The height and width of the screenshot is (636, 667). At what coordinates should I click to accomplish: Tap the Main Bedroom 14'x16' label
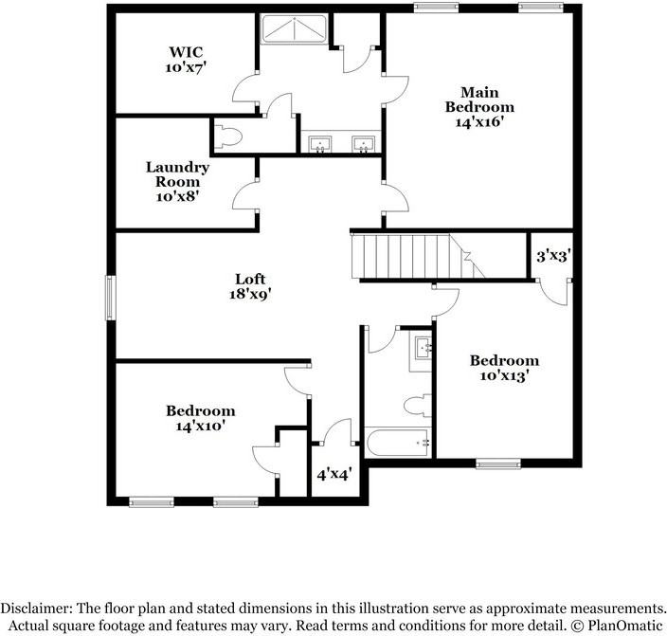coord(480,107)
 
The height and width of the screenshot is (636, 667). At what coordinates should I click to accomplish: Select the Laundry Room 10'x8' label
coord(177,181)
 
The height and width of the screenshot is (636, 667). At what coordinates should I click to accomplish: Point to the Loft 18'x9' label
coord(250,286)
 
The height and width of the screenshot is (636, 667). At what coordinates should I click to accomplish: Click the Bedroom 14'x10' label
coord(200,419)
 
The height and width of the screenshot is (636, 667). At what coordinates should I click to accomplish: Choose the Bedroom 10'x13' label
coord(504,368)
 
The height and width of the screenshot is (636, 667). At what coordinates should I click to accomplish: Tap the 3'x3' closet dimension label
coord(552,256)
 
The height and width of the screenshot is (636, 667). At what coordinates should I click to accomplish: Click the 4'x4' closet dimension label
coord(333,473)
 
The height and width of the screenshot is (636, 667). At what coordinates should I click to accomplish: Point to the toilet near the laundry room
coord(227,136)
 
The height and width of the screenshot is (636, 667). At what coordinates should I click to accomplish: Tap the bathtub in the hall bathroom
coord(399,443)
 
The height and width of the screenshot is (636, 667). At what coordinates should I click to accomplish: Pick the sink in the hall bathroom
coord(422,349)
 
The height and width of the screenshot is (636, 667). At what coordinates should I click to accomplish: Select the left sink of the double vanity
coord(321,144)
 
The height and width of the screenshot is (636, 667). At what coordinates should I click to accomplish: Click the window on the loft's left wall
coord(110,297)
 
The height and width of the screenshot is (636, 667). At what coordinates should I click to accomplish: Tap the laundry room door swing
coord(245,195)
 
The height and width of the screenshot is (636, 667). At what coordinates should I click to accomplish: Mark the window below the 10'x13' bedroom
coord(498,463)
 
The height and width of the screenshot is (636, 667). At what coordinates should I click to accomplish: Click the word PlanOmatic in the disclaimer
coord(623,626)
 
